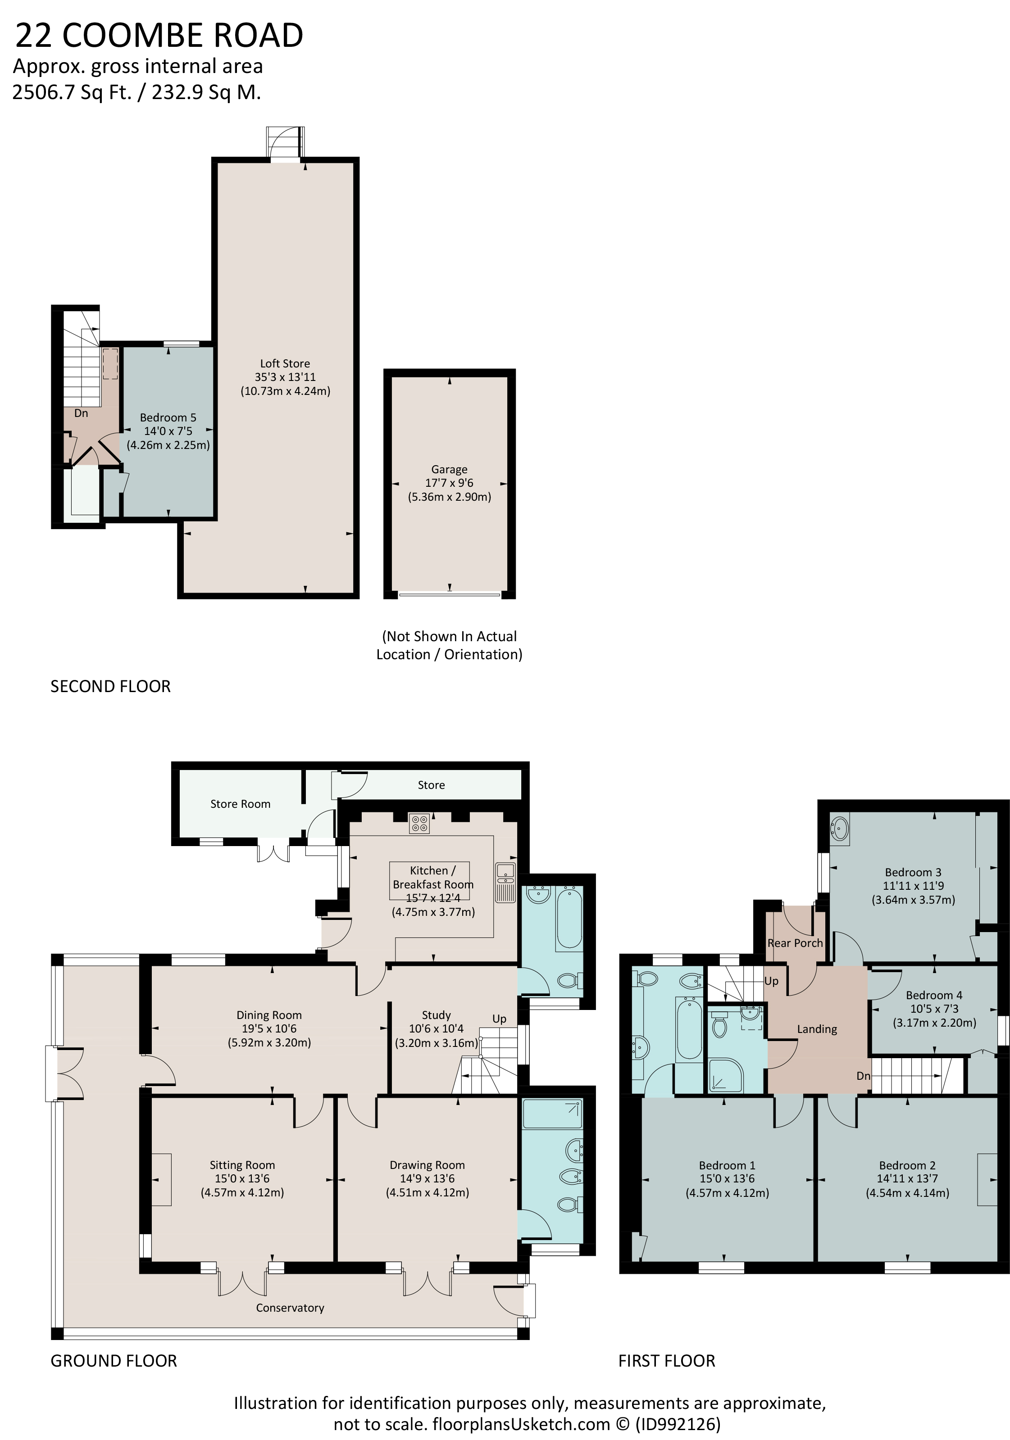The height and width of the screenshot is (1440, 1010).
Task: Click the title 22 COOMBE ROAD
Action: point(159,35)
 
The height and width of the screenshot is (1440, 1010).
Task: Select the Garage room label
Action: point(449,469)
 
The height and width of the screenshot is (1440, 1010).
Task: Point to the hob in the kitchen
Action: point(419,824)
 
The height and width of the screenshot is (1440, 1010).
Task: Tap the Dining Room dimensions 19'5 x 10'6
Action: point(269,1028)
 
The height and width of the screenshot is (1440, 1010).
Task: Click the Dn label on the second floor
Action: point(81,413)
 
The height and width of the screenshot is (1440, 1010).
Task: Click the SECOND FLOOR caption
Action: point(110,686)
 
